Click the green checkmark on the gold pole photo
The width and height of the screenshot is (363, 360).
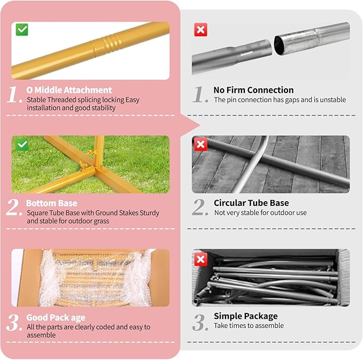(x=22, y=29)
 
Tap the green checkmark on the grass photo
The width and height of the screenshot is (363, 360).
(x=22, y=145)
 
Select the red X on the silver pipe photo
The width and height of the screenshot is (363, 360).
(x=200, y=29)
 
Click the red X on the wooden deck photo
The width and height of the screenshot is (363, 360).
(x=200, y=144)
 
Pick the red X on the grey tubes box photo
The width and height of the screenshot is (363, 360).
(x=200, y=259)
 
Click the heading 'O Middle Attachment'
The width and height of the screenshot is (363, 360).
(x=69, y=90)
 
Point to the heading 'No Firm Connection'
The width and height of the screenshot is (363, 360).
(x=253, y=90)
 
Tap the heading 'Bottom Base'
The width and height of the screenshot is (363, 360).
(x=52, y=203)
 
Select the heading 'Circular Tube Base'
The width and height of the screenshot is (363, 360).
(x=251, y=203)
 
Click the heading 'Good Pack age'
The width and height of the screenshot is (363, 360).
(x=56, y=318)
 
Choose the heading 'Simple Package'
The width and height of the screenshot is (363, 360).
(x=245, y=316)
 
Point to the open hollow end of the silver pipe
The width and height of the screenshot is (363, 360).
(x=279, y=45)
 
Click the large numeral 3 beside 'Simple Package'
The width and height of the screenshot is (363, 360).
(x=199, y=323)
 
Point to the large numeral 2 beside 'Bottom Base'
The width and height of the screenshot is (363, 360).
(x=14, y=207)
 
